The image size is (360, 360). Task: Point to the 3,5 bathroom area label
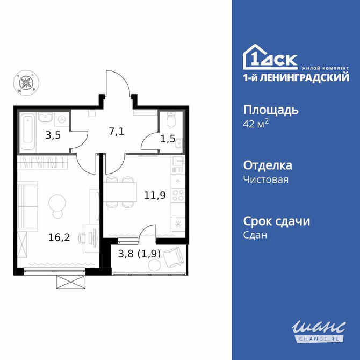(53, 135)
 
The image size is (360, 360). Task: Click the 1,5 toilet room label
(168, 138)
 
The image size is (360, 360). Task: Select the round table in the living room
(57, 203)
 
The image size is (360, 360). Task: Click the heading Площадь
(271, 110)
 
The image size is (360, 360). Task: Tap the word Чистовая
(266, 179)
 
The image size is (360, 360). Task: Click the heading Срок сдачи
(277, 221)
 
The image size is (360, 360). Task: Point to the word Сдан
(255, 235)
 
